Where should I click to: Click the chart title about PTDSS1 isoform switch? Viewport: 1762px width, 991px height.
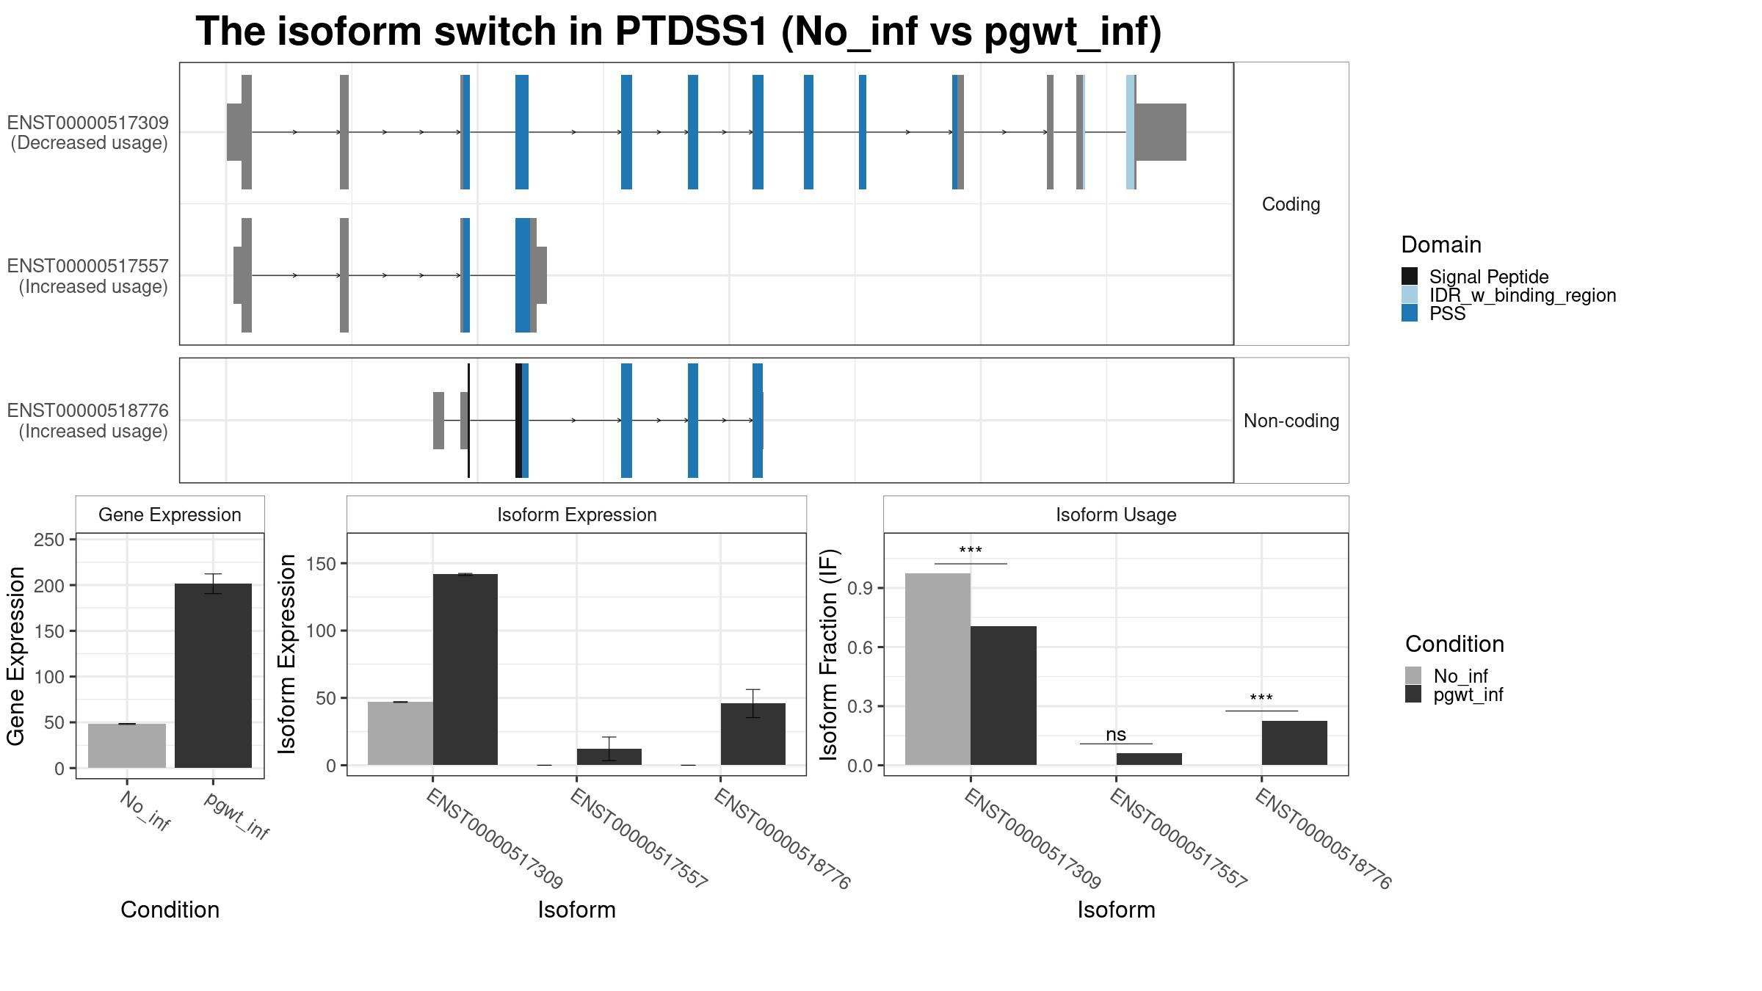pos(678,32)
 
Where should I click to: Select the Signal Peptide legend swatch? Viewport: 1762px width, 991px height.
pos(1410,277)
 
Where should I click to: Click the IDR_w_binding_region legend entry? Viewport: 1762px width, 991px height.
pos(1522,295)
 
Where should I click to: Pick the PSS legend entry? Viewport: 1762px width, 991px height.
pos(1447,313)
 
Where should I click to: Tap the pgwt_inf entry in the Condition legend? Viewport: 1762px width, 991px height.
pos(1468,694)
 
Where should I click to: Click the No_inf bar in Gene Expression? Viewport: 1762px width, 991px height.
pos(127,745)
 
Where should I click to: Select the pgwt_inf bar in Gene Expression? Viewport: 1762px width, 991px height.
pos(213,675)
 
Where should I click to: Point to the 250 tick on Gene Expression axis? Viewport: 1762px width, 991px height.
pos(49,540)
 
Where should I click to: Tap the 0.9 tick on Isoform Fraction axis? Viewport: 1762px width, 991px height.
pos(860,588)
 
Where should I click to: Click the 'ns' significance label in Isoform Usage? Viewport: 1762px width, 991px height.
pos(1115,735)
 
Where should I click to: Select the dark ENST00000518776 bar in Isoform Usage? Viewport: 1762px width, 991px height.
pos(1294,743)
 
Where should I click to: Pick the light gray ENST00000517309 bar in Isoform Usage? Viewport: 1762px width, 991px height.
pos(938,669)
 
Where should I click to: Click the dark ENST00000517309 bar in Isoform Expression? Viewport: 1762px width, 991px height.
pos(465,669)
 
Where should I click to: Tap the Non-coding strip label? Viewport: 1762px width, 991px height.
pos(1291,421)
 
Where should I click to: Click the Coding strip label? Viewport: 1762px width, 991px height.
pos(1291,204)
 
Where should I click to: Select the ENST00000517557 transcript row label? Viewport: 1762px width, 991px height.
pos(88,276)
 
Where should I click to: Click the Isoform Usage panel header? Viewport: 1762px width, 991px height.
pos(1115,515)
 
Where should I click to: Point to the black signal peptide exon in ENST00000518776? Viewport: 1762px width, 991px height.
pos(518,421)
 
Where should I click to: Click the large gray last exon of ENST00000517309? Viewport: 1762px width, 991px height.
pos(1160,132)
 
